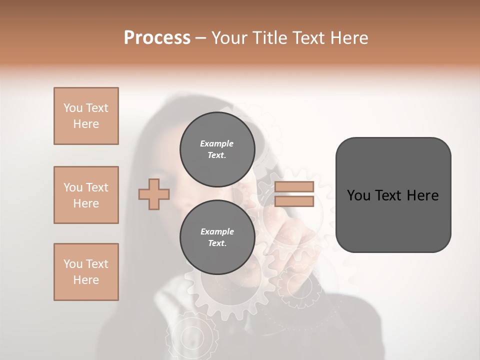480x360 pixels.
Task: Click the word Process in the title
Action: point(157,38)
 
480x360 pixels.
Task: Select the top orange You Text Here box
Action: point(86,116)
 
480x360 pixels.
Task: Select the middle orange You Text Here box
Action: point(86,195)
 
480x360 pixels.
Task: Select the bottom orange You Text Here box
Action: point(86,272)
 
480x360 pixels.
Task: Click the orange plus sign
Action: point(154,194)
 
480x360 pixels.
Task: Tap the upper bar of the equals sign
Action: point(294,186)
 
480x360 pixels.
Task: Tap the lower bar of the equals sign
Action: point(294,201)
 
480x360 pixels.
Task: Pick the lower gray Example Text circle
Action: point(217,237)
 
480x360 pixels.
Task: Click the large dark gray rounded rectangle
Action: point(393,194)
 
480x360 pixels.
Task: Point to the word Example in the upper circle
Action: point(217,143)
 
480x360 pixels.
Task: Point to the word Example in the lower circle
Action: point(217,231)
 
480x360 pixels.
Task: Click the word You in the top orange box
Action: point(73,108)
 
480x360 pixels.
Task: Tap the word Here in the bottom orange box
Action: point(86,280)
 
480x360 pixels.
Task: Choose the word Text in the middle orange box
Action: point(96,187)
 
